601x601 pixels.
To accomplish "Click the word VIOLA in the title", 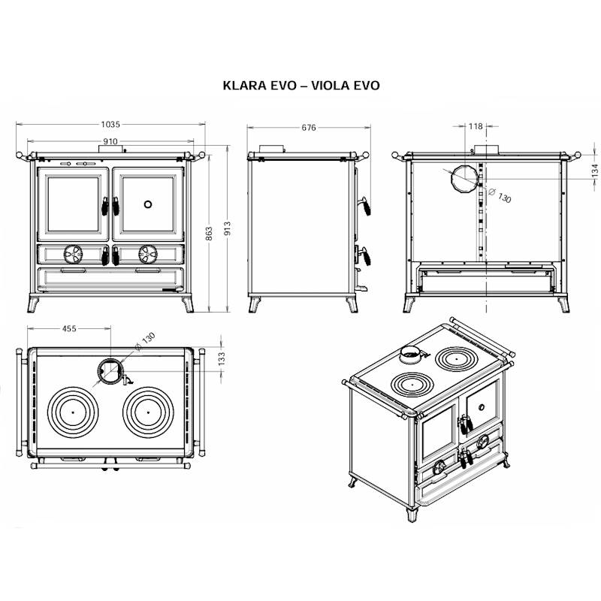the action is [330, 85].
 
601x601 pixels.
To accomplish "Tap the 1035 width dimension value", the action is [110, 124].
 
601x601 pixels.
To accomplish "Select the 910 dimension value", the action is [110, 141].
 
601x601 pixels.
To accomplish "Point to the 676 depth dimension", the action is [309, 128].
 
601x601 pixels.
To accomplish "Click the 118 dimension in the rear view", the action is [476, 126].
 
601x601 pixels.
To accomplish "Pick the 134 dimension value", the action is [594, 171].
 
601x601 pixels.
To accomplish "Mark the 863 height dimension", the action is [209, 234].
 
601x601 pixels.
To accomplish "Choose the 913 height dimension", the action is [228, 229].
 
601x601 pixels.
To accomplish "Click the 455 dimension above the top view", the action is [69, 328].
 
